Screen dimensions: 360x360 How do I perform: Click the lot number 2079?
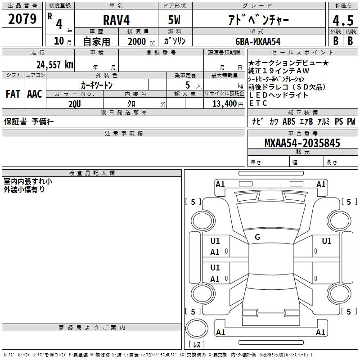[22, 19]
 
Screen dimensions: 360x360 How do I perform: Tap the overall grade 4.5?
[342, 21]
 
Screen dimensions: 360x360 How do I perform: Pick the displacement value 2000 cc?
[137, 41]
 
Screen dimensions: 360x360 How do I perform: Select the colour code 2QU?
[75, 103]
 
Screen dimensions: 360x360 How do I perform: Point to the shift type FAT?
[13, 94]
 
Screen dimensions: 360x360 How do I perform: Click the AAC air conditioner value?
[35, 94]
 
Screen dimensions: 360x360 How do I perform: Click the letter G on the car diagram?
[257, 237]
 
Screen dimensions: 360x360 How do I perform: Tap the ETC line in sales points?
[258, 103]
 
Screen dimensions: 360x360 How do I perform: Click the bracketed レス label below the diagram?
[196, 345]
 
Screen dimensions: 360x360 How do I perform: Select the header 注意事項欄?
[123, 134]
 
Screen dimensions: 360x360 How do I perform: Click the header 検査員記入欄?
[92, 173]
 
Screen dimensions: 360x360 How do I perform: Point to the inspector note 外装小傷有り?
[24, 189]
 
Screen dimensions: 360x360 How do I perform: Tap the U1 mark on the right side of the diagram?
[326, 241]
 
